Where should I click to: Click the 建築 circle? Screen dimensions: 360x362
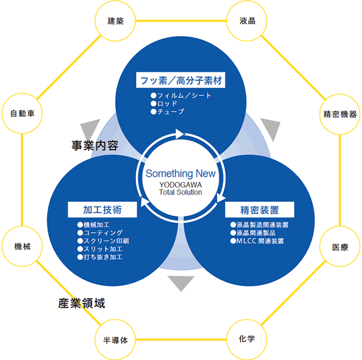pyautogui.click(x=115, y=21)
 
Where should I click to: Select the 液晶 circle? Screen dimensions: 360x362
pyautogui.click(x=247, y=21)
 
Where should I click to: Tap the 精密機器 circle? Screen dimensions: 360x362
pyautogui.click(x=340, y=114)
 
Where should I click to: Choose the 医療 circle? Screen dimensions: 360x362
pyautogui.click(x=340, y=247)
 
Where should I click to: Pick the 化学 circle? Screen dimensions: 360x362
pyautogui.click(x=247, y=339)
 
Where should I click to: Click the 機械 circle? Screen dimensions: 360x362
pyautogui.click(x=23, y=247)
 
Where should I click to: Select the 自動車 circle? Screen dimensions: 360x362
pyautogui.click(x=22, y=114)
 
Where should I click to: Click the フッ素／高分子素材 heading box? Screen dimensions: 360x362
pyautogui.click(x=181, y=80)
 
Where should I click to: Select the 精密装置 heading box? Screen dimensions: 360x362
pyautogui.click(x=259, y=210)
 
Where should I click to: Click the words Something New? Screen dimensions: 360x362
pyautogui.click(x=180, y=173)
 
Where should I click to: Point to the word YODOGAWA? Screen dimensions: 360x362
pyautogui.click(x=180, y=184)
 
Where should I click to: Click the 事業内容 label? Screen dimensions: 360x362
pyautogui.click(x=94, y=146)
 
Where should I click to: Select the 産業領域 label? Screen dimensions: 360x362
pyautogui.click(x=82, y=303)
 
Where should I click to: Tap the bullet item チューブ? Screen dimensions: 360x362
pyautogui.click(x=170, y=112)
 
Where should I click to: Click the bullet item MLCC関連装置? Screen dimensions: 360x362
pyautogui.click(x=259, y=241)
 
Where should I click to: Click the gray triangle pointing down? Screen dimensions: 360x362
pyautogui.click(x=180, y=283)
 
